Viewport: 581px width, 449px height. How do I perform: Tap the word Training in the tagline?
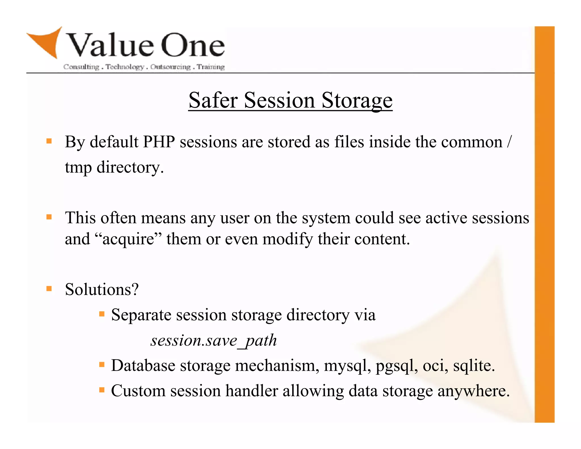(x=210, y=67)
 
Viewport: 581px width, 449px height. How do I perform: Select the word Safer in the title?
(x=213, y=100)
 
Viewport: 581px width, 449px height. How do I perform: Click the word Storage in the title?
(x=357, y=100)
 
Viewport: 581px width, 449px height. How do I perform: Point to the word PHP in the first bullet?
(x=159, y=142)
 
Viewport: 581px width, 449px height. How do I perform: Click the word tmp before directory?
(x=78, y=167)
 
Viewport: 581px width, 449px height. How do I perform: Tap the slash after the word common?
(x=510, y=142)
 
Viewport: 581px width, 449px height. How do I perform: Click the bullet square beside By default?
(x=49, y=141)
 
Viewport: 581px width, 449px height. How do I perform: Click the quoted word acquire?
(x=128, y=239)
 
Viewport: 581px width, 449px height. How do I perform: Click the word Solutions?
(x=102, y=289)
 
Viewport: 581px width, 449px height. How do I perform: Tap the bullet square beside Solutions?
(x=49, y=289)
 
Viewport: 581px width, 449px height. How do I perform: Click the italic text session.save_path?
(x=213, y=340)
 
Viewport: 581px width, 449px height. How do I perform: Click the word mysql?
(x=347, y=366)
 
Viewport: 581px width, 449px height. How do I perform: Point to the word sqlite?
(x=473, y=366)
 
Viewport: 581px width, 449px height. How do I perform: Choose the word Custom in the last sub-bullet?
(x=138, y=391)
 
